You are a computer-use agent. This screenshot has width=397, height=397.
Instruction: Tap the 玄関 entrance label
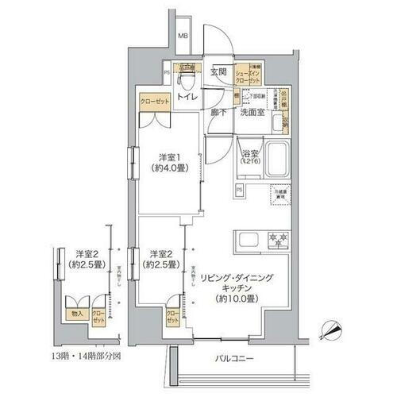(x=219, y=72)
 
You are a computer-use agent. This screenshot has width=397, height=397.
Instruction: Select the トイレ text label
(x=187, y=97)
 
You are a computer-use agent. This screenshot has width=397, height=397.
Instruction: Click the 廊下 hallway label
(x=220, y=112)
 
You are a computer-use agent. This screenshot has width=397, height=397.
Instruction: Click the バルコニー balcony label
(x=240, y=358)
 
